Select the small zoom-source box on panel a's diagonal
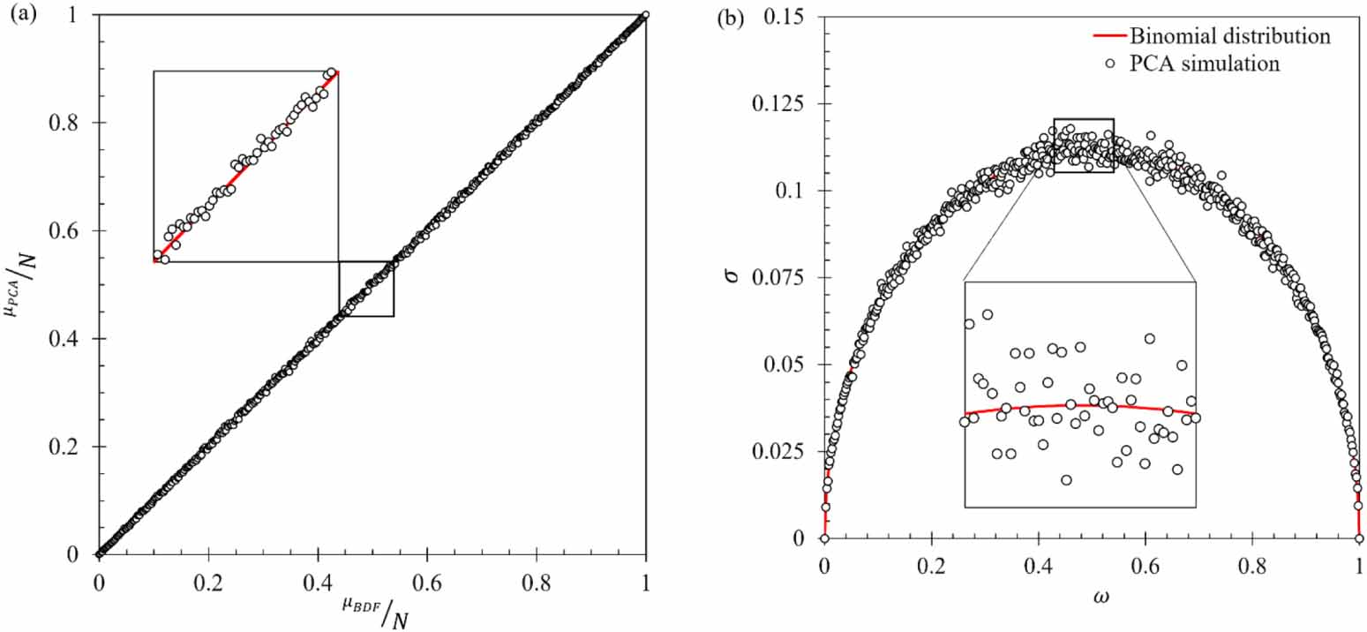coord(366,289)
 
